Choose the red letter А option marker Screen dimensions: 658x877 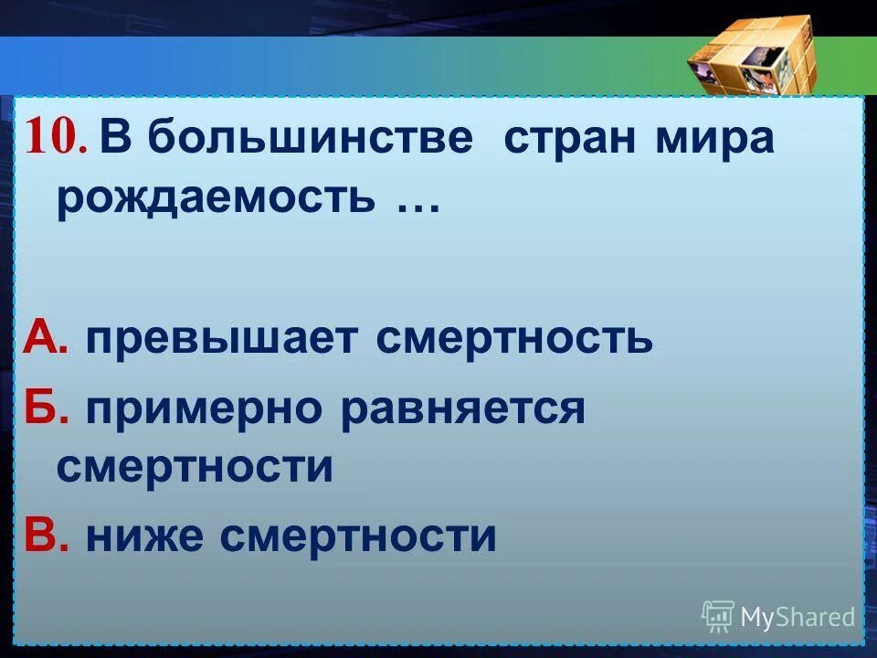45,339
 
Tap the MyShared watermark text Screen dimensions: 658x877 798,617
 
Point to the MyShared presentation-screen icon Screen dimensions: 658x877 718,617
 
